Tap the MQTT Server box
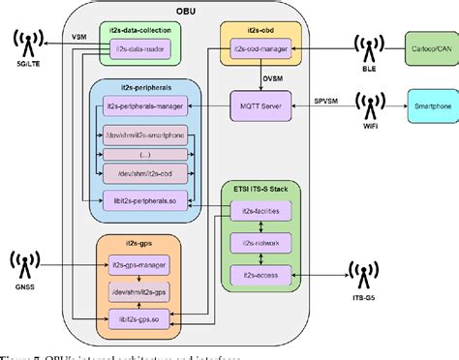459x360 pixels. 260,104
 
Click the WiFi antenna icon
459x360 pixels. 365,104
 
